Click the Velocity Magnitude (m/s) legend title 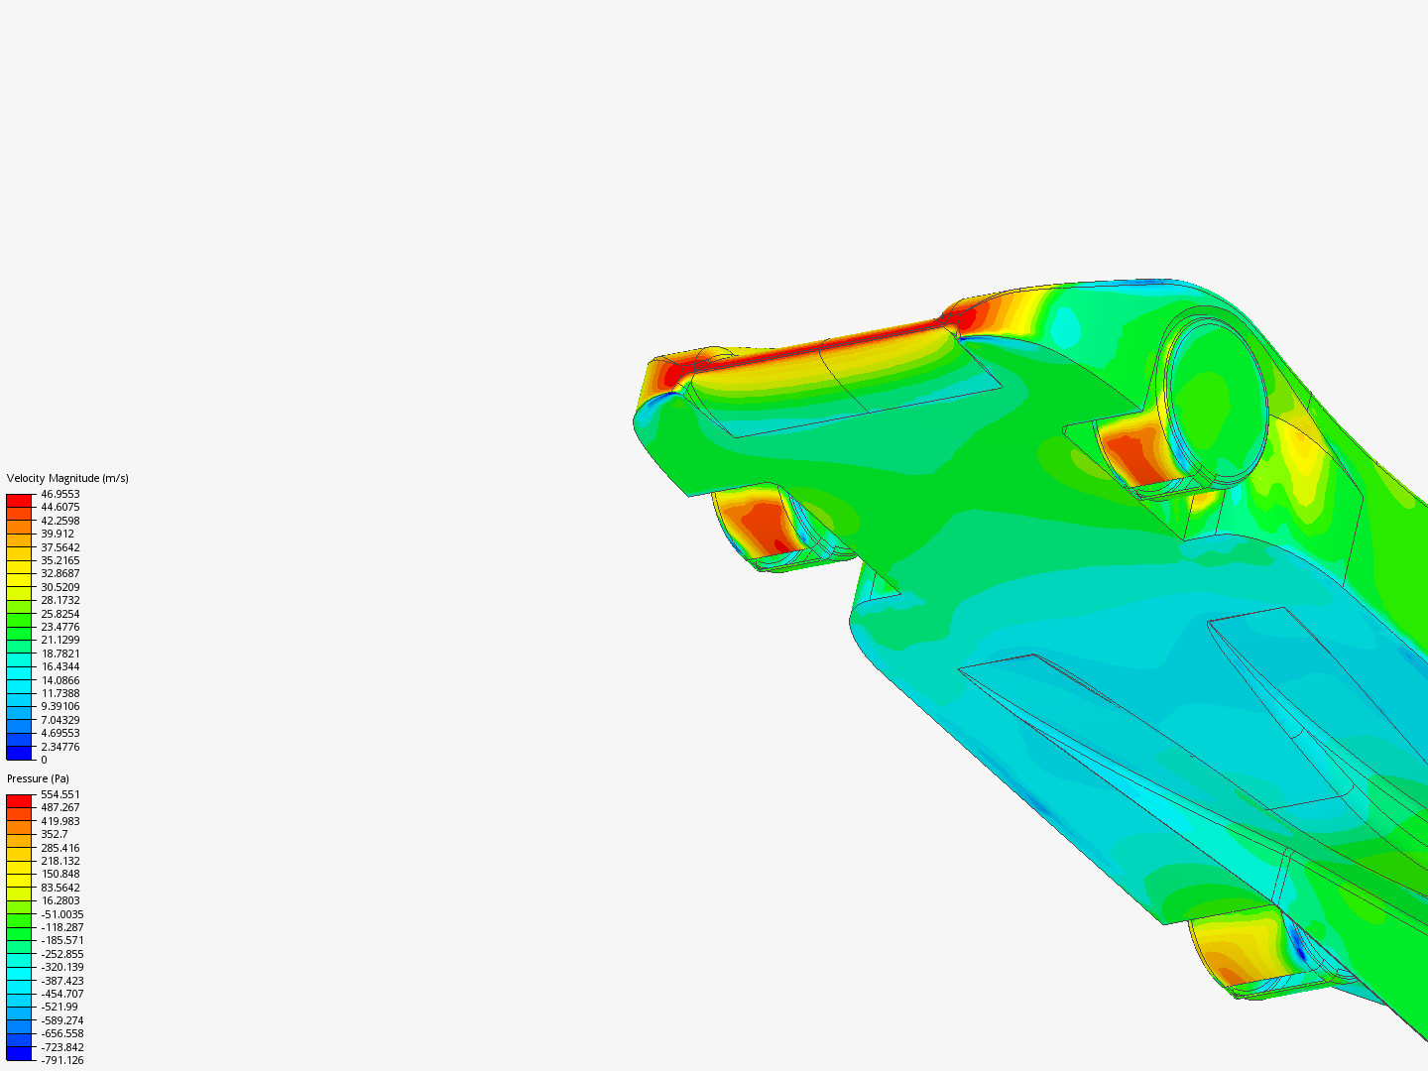coord(67,478)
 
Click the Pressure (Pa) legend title coord(38,778)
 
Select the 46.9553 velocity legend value coord(59,494)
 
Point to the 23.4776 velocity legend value coord(59,627)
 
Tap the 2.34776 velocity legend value coord(59,747)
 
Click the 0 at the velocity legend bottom coord(44,760)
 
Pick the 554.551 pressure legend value coord(59,794)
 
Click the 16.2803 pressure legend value coord(59,900)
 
